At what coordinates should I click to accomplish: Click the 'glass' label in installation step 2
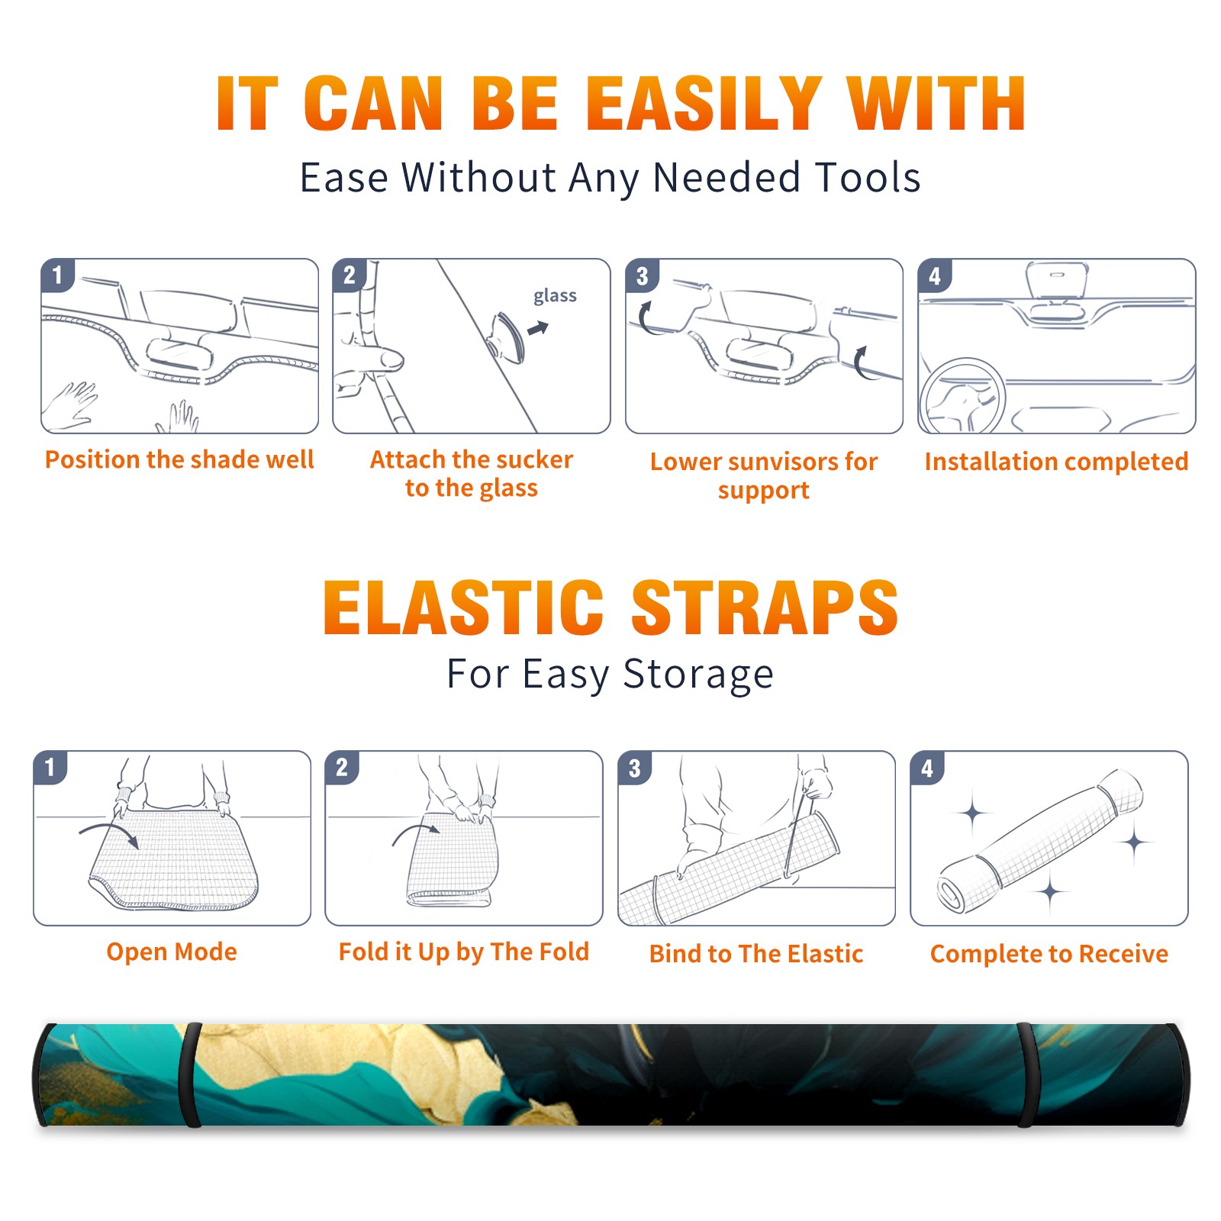(555, 296)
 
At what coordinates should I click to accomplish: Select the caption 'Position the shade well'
(179, 459)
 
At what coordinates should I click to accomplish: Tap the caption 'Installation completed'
(1056, 462)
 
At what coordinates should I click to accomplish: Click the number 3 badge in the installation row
(642, 275)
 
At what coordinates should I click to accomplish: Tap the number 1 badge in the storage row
(50, 767)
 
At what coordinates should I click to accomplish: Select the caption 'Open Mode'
(172, 952)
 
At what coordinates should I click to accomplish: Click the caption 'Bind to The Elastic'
(756, 954)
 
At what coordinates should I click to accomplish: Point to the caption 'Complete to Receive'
(1049, 954)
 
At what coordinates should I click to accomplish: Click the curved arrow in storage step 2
(416, 833)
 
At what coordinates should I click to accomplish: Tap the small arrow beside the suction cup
(538, 329)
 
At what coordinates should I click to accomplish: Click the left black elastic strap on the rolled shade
(190, 1075)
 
